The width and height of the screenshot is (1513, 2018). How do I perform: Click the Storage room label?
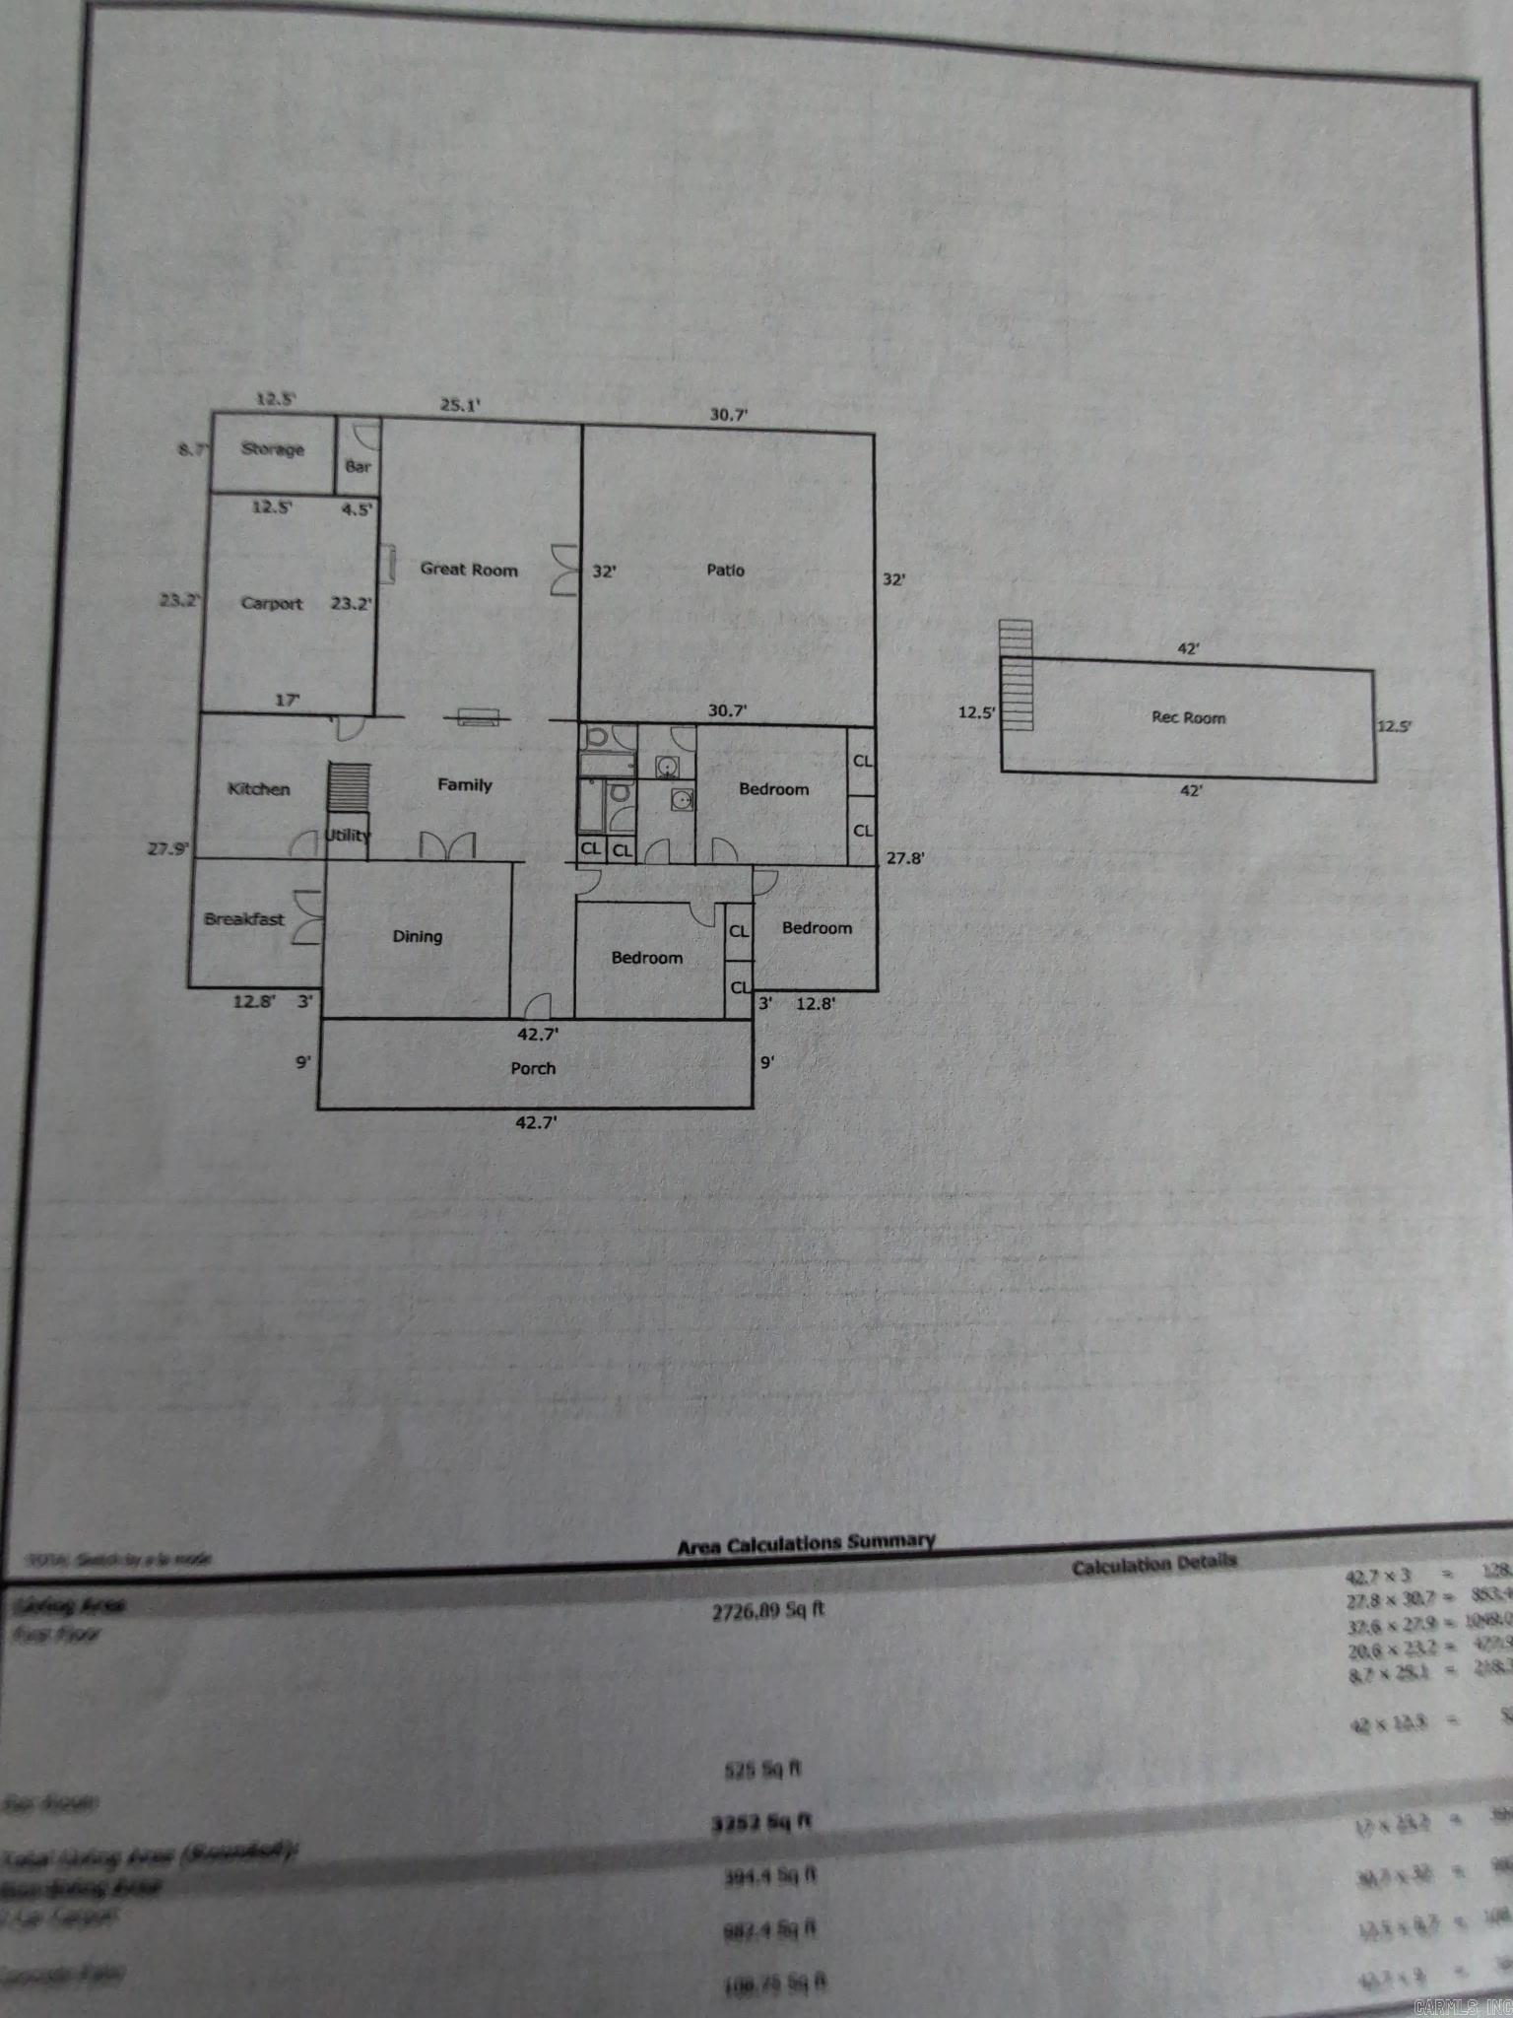(273, 449)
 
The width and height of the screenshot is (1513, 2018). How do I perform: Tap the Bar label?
(358, 466)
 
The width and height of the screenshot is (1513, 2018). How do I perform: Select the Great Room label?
(469, 569)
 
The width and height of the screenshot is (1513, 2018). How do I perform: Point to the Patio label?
(726, 570)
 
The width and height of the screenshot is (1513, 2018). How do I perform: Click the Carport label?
(272, 603)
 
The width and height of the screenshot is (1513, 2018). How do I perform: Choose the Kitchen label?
(259, 788)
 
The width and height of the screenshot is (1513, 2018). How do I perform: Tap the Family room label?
(465, 784)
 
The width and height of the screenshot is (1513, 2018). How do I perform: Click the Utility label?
(348, 836)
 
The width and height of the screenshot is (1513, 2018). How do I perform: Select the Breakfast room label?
(244, 919)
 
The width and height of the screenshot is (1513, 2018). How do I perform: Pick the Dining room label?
(418, 936)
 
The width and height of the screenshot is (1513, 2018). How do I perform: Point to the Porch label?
(533, 1068)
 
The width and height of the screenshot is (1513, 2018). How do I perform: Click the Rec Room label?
(1189, 717)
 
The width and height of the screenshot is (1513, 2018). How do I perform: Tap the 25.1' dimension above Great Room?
(460, 404)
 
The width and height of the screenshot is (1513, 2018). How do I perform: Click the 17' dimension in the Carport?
(287, 701)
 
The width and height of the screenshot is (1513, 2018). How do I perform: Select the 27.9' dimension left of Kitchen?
(168, 847)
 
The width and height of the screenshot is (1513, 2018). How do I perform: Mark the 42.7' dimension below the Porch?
(536, 1121)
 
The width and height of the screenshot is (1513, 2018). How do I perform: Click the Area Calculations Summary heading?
(806, 1543)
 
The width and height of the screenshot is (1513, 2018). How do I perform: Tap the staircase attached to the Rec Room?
(1016, 675)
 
